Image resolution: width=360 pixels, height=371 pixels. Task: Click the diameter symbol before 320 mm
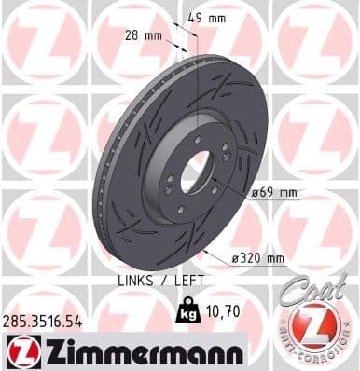pos(228,258)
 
